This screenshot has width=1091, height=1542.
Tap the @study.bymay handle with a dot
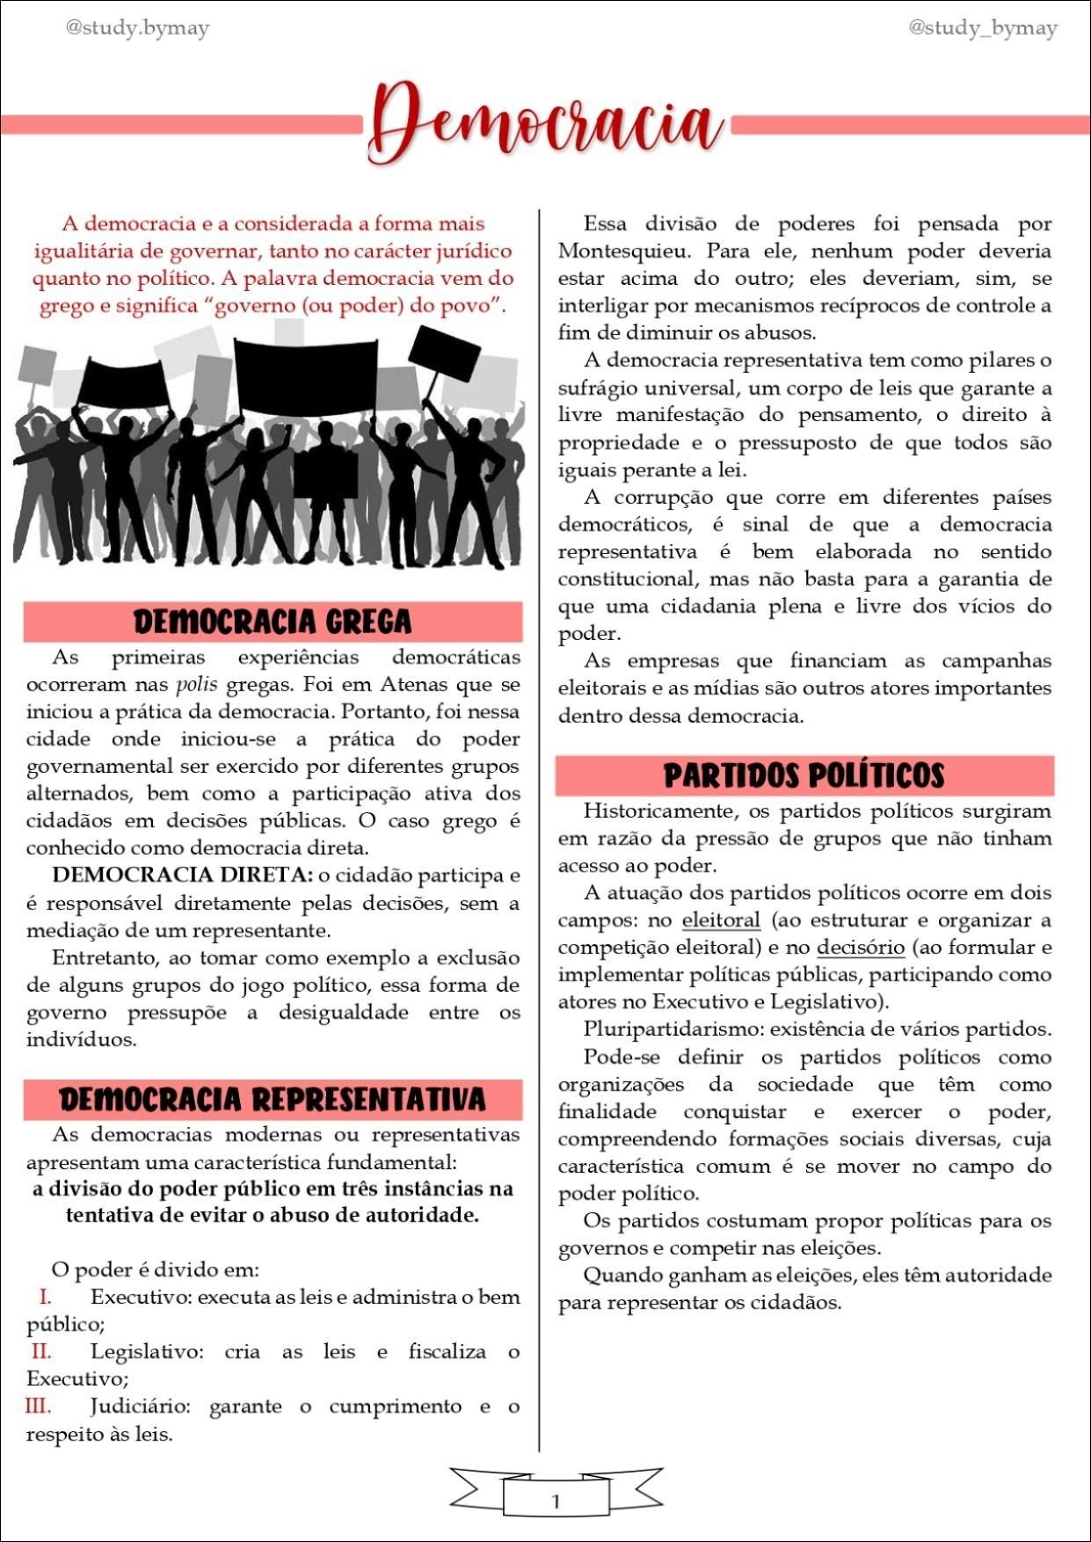tap(138, 28)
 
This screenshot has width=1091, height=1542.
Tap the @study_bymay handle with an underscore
tap(982, 28)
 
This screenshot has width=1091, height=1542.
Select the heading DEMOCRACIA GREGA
tap(273, 622)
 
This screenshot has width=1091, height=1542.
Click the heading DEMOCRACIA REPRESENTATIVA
tap(273, 1100)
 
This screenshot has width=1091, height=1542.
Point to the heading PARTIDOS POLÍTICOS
tap(804, 775)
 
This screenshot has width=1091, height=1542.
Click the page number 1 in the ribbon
tap(555, 1501)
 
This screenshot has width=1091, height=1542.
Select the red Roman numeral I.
tap(45, 1297)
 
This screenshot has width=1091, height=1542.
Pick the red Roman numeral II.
tap(41, 1351)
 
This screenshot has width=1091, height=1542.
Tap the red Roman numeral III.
tap(38, 1406)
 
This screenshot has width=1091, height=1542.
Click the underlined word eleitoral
tap(721, 920)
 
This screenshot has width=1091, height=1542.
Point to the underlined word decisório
tap(861, 948)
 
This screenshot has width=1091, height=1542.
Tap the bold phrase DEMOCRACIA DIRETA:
tap(182, 876)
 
